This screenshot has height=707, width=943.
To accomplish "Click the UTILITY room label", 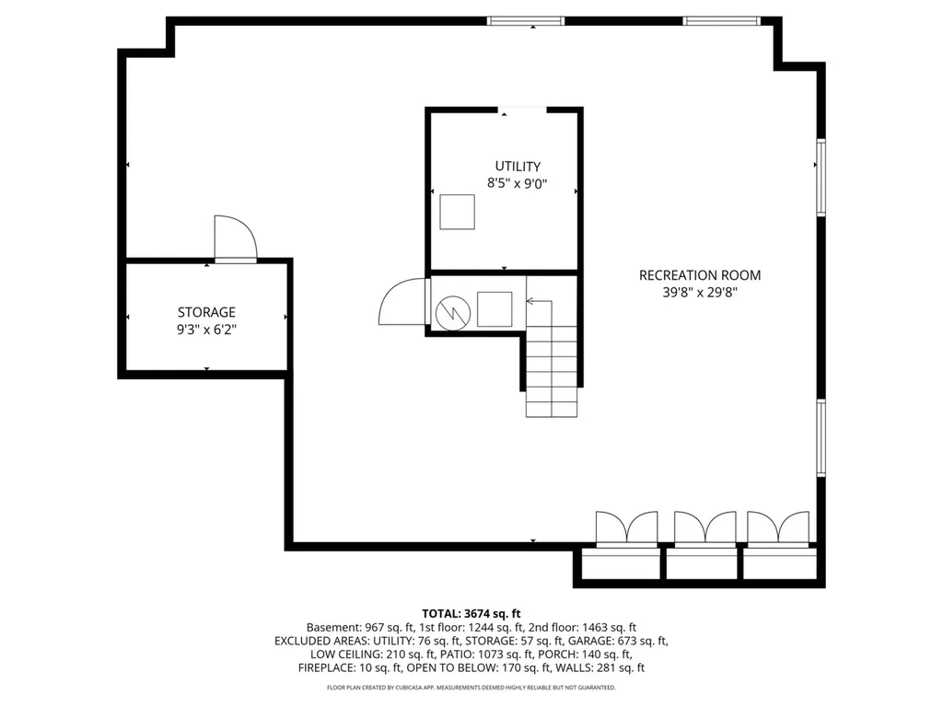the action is (x=518, y=166).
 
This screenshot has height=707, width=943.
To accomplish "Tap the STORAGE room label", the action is (x=206, y=312).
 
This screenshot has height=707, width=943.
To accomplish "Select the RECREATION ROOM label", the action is (x=700, y=274).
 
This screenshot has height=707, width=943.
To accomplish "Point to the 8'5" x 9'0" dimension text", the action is (x=518, y=183).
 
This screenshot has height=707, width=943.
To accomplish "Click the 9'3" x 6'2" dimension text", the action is (x=206, y=330).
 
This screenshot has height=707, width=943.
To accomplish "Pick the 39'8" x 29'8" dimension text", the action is (x=700, y=292).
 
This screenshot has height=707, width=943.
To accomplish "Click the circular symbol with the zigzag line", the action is (x=453, y=312).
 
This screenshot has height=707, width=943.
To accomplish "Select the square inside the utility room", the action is (x=457, y=212).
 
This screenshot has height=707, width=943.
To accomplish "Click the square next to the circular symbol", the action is (x=495, y=309).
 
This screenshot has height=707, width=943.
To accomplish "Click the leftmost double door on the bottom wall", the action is (x=626, y=529).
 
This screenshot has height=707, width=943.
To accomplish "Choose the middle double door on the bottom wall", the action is (x=704, y=529).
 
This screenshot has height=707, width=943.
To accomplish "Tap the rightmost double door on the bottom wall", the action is (x=778, y=529).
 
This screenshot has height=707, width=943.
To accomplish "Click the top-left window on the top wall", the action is (x=526, y=21).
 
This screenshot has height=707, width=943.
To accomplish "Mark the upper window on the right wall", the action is (x=821, y=177).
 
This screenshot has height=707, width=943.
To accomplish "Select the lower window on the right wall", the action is (x=821, y=437).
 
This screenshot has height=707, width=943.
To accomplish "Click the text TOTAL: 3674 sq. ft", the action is (x=471, y=614).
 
